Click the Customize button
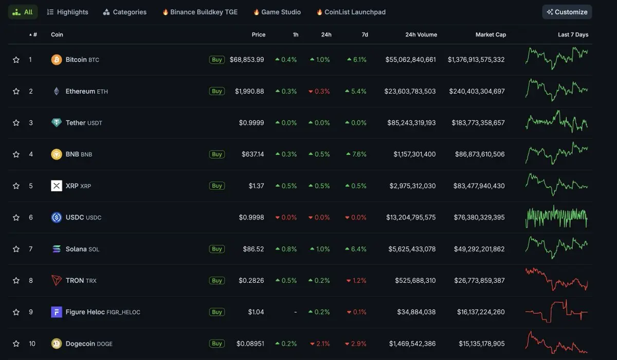pos(567,12)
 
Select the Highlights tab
pos(67,12)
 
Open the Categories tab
pos(124,12)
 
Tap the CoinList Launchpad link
pos(351,12)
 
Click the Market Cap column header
pos(491,34)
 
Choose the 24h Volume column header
pos(421,34)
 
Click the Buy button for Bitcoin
pos(217,60)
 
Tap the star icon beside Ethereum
pos(16,92)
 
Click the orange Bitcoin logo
pos(57,60)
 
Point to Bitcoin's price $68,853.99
pos(247,60)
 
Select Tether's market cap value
pos(478,123)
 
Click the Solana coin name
pos(76,249)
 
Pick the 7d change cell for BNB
pos(356,154)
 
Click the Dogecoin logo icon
pos(57,344)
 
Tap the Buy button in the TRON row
pos(217,281)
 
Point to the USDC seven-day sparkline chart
pos(556,217)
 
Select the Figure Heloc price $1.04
pos(256,312)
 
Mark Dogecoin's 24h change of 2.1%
pos(319,344)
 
